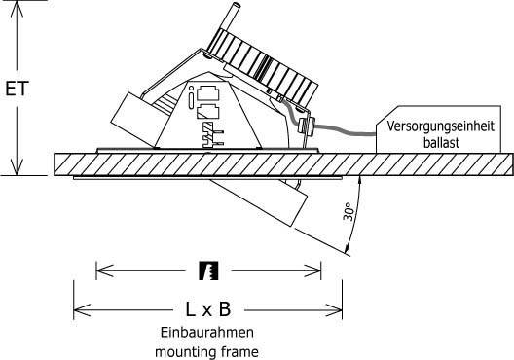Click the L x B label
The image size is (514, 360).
tap(207, 309)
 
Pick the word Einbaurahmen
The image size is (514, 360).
tap(207, 333)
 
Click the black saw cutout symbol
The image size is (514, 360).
tap(207, 270)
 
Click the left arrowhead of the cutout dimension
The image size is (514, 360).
tap(100, 270)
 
